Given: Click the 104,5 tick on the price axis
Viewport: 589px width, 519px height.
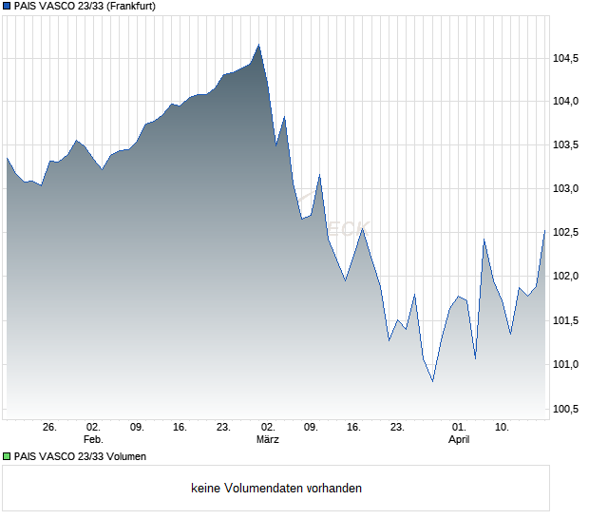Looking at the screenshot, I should pos(566,59).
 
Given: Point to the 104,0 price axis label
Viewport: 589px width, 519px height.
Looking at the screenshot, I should pos(566,102).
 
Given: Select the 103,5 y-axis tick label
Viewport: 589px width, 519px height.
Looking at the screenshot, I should pos(566,145).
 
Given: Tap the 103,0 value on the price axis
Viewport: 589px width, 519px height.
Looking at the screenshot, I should pos(566,189).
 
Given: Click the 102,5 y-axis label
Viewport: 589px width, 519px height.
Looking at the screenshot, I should pos(566,233).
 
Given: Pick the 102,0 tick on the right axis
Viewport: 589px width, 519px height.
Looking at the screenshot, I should pos(566,277).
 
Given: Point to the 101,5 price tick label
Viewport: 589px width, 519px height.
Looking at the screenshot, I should pos(566,320).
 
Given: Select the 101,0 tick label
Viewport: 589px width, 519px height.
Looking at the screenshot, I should pos(566,364).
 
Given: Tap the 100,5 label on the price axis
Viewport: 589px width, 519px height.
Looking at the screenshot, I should pos(566,409).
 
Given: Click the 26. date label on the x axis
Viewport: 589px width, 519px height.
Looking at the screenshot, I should pos(50,428).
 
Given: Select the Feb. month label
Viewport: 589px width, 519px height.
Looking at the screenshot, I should pos(93,440).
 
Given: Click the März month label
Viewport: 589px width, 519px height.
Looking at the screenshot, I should pos(267,440).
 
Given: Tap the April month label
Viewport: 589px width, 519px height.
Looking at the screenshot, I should pos(459,440).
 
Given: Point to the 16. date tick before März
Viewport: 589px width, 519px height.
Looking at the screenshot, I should pos(180,428).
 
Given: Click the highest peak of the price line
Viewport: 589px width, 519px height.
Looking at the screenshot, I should pos(258,45).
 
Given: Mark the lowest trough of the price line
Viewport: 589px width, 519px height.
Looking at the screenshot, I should pos(432,381).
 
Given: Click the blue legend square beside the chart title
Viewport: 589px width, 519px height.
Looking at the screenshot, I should pos(7,6).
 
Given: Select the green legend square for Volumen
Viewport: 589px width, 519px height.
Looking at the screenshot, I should pos(7,456).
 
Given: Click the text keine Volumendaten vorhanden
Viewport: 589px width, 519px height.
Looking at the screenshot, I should pos(276,489).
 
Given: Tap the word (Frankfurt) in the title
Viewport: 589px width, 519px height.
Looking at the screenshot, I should pos(129,6).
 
